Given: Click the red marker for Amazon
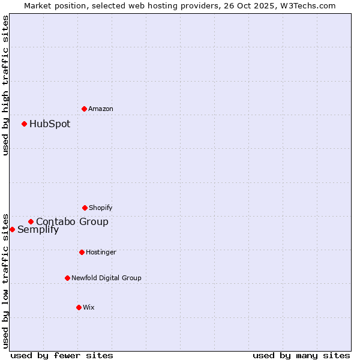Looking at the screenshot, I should click(x=85, y=109).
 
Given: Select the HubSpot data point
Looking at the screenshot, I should click(x=25, y=124).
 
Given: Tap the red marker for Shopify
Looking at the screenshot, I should click(x=85, y=208).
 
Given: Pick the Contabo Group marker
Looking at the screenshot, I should click(x=31, y=221).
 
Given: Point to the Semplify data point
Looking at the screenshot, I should click(x=12, y=229).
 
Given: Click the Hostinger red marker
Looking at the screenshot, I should click(x=82, y=252).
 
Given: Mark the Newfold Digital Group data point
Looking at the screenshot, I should click(x=67, y=278).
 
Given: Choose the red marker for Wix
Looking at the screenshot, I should click(x=79, y=307).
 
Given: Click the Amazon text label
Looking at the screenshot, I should click(x=101, y=109).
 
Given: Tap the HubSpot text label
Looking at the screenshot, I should click(x=50, y=124).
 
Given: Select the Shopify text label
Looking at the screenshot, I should click(x=101, y=208).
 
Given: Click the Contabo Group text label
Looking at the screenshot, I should click(x=72, y=221).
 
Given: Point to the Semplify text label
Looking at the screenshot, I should click(x=38, y=229).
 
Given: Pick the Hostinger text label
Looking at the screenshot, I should click(x=101, y=252).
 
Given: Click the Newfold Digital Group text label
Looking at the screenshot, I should click(x=106, y=278).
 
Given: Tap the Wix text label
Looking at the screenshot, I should click(x=89, y=307).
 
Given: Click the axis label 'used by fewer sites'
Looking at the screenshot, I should click(x=62, y=355).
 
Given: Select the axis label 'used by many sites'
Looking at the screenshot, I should click(x=301, y=355).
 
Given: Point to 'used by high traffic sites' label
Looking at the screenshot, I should click(x=5, y=85).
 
